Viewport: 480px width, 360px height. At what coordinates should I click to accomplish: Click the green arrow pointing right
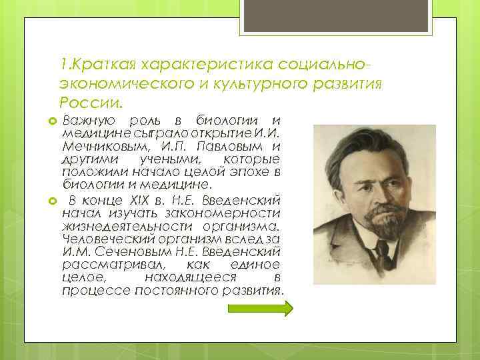(260, 308)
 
